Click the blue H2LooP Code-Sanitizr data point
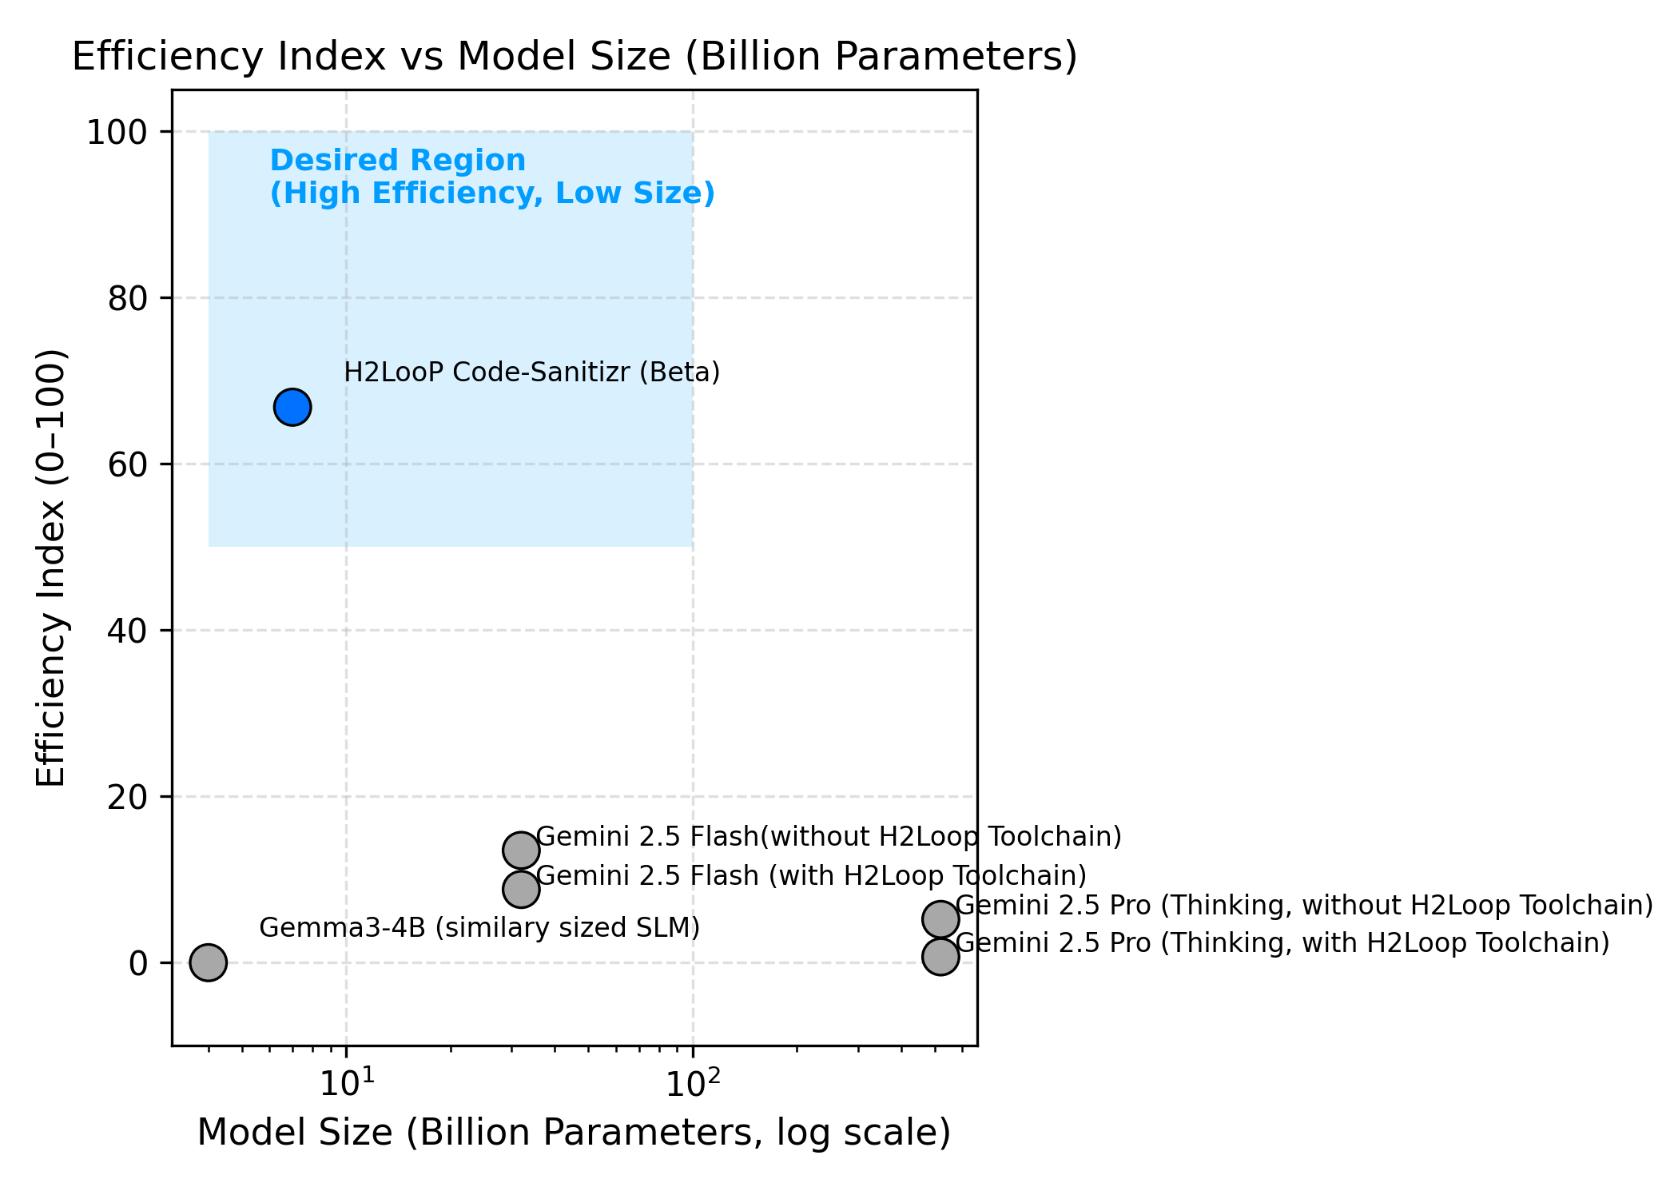(292, 408)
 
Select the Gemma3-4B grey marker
(209, 962)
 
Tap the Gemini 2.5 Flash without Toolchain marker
(521, 850)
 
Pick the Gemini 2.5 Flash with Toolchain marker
(521, 889)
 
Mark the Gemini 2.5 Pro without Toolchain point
(940, 919)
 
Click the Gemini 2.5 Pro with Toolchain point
(940, 957)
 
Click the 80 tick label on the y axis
(127, 298)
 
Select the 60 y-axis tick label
(127, 464)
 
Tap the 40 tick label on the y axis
(127, 631)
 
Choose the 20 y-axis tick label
(127, 797)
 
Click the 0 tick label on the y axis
(138, 963)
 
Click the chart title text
(575, 58)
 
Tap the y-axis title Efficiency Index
(51, 568)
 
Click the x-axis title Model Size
(574, 1133)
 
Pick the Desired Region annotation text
(491, 177)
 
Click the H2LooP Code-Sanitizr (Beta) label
(532, 372)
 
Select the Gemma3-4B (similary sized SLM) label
(479, 928)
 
